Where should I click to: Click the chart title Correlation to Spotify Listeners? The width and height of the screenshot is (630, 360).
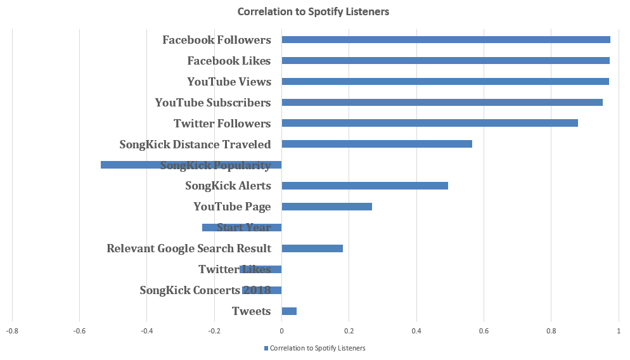pyautogui.click(x=313, y=11)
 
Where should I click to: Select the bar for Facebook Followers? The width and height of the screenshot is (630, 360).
pyautogui.click(x=446, y=40)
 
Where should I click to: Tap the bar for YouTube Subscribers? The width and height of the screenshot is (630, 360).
pyautogui.click(x=442, y=103)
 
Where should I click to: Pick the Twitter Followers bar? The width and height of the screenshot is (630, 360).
pyautogui.click(x=430, y=123)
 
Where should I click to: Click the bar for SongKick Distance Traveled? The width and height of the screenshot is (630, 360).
pyautogui.click(x=376, y=144)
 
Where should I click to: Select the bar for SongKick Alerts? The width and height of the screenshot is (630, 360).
pyautogui.click(x=364, y=186)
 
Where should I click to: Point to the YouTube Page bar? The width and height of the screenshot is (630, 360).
pyautogui.click(x=326, y=207)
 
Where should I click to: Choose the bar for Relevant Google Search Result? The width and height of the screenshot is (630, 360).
pyautogui.click(x=312, y=248)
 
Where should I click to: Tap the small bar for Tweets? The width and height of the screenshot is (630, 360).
pyautogui.click(x=289, y=311)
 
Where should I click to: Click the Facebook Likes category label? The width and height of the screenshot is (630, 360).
pyautogui.click(x=229, y=61)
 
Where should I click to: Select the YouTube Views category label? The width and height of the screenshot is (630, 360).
pyautogui.click(x=229, y=82)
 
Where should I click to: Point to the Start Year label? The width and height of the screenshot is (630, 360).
pyautogui.click(x=244, y=228)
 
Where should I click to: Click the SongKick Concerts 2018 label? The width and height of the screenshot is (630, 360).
pyautogui.click(x=205, y=290)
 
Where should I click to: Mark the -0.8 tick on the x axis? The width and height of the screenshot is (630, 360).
pyautogui.click(x=11, y=331)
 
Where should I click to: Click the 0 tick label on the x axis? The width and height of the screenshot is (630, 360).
pyautogui.click(x=281, y=331)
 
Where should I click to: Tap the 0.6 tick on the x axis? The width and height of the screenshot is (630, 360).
pyautogui.click(x=484, y=331)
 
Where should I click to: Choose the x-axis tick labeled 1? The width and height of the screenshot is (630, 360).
pyautogui.click(x=618, y=331)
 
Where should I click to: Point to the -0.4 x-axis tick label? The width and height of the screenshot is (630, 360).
pyautogui.click(x=146, y=331)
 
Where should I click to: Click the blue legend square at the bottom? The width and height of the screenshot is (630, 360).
pyautogui.click(x=266, y=348)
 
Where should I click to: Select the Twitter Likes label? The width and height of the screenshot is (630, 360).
pyautogui.click(x=235, y=269)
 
